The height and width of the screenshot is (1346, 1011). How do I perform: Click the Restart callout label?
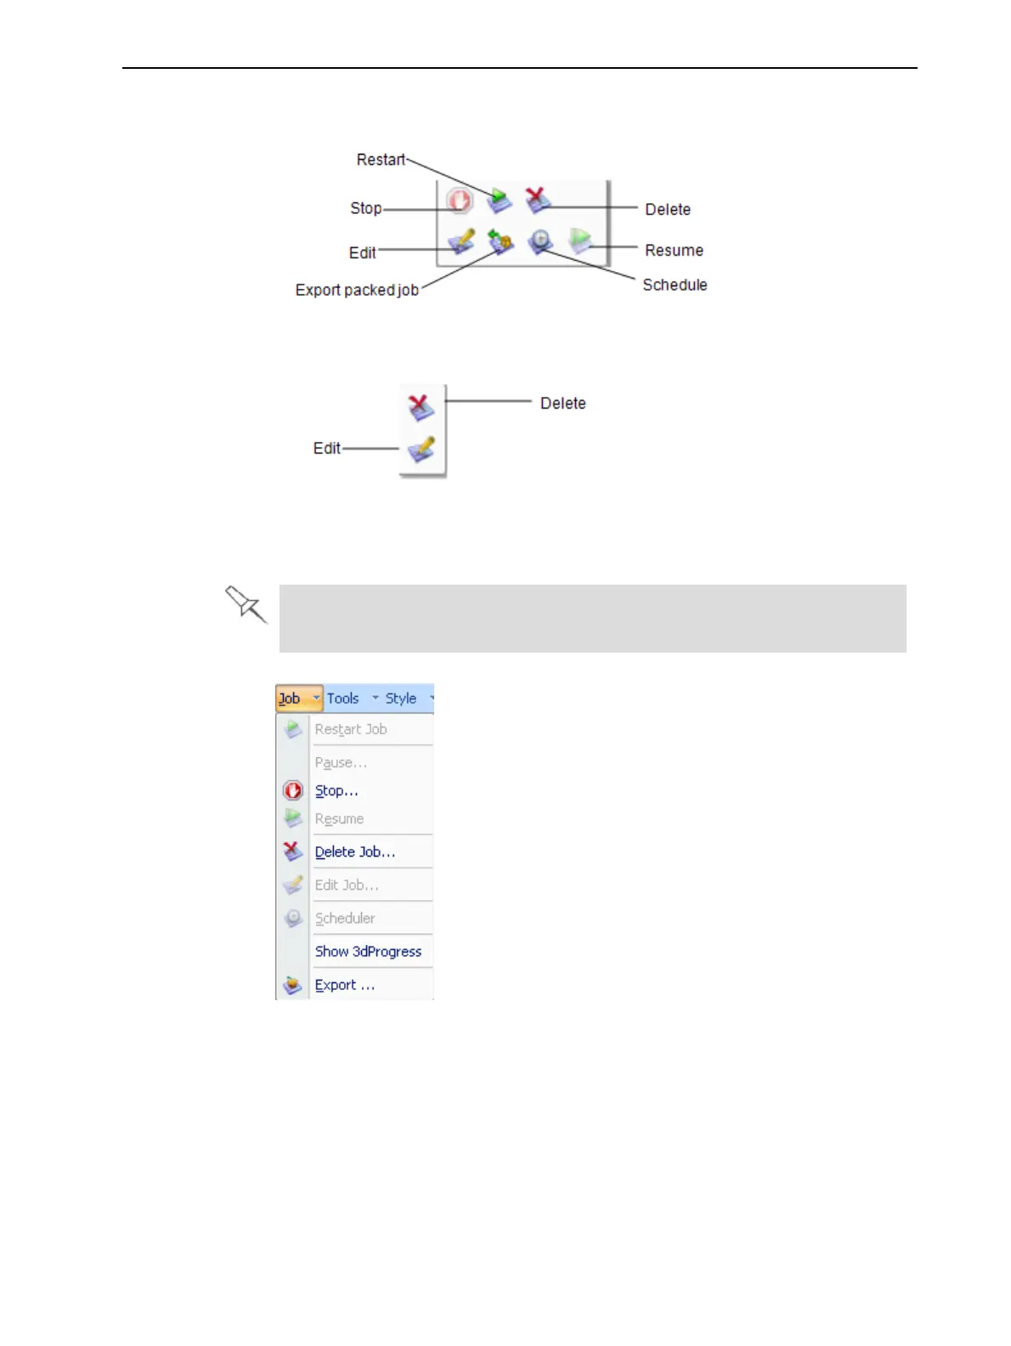381,160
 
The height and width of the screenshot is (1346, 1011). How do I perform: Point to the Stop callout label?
366,208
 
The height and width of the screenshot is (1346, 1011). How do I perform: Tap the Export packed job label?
357,290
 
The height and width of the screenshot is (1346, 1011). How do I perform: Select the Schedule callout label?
675,285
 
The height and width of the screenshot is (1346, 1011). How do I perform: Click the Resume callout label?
674,251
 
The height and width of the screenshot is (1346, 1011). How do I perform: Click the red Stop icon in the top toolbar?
460,201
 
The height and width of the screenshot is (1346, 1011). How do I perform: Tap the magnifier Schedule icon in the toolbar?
540,242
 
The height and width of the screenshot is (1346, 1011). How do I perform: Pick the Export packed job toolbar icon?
500,242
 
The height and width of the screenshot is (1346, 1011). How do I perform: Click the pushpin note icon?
246,604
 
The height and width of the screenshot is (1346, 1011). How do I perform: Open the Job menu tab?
290,698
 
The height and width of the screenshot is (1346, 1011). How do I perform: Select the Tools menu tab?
343,698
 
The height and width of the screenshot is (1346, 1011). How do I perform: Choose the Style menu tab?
401,698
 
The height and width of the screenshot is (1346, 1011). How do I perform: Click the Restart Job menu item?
351,729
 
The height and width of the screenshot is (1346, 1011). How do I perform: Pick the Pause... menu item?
341,762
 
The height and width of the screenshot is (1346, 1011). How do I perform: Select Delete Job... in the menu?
355,851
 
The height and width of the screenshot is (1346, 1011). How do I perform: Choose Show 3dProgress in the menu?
368,951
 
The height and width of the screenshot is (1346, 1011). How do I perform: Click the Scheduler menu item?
345,918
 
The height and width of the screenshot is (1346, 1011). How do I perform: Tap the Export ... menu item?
344,985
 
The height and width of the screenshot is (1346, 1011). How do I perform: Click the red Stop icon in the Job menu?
293,790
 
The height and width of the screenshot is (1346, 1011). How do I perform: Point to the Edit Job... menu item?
347,885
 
